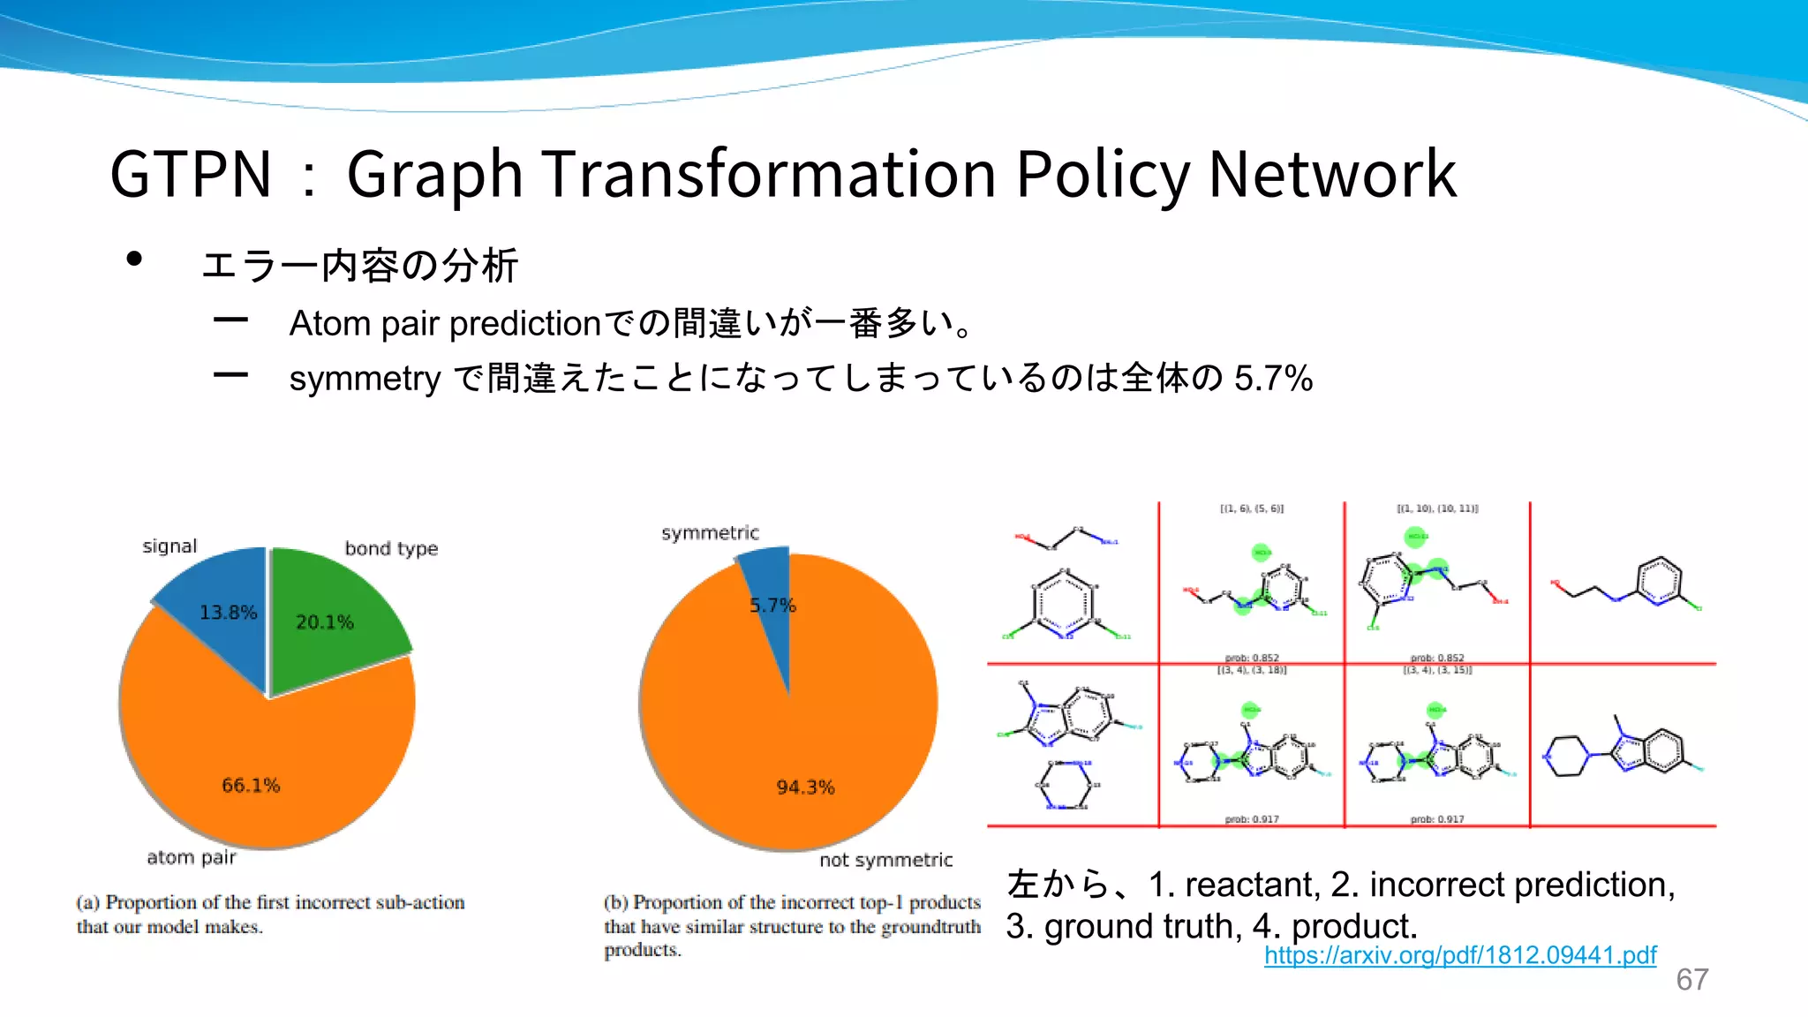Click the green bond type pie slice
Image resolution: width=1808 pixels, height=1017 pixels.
tap(331, 618)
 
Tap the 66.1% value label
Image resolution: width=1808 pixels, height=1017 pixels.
tap(251, 785)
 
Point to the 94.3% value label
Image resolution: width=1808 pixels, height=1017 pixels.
tap(805, 787)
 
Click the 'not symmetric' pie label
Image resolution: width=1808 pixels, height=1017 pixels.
tap(885, 860)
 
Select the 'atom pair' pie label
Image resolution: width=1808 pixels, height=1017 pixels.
tap(192, 857)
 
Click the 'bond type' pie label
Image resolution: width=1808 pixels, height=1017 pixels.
tap(391, 548)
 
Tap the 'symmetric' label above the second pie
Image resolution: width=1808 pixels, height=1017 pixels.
tap(710, 533)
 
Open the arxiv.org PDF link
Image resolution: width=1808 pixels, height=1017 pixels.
tap(1460, 955)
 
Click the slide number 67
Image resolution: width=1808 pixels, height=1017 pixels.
tap(1691, 980)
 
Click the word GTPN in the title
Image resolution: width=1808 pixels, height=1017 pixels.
tap(191, 174)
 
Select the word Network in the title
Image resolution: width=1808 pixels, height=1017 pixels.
tap(1331, 174)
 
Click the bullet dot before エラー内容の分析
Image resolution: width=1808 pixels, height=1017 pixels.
tap(134, 259)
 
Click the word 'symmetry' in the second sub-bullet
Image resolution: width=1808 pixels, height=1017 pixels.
tap(365, 379)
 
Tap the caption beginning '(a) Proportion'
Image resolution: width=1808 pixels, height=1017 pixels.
tap(269, 914)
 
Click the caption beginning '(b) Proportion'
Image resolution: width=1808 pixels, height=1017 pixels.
tap(791, 925)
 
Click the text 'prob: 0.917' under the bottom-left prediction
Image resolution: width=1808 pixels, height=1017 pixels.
tap(1252, 819)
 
